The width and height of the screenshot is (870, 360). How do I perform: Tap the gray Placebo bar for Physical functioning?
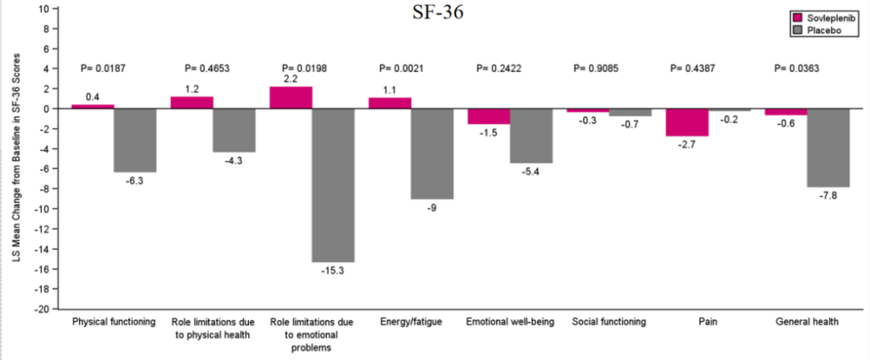click(x=135, y=140)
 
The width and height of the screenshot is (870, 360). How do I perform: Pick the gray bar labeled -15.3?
click(x=333, y=185)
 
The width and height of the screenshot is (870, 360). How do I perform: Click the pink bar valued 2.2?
click(x=290, y=97)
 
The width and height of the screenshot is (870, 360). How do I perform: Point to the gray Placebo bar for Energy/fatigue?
click(x=432, y=154)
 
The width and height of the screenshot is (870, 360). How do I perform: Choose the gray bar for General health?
click(x=828, y=147)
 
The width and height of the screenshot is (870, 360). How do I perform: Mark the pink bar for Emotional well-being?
click(x=489, y=116)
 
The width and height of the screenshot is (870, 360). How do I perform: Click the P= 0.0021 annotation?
click(x=404, y=68)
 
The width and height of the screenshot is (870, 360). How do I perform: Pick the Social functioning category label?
click(x=608, y=322)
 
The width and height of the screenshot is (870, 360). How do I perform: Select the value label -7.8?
click(x=828, y=196)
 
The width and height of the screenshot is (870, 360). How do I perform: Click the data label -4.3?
click(x=234, y=161)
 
